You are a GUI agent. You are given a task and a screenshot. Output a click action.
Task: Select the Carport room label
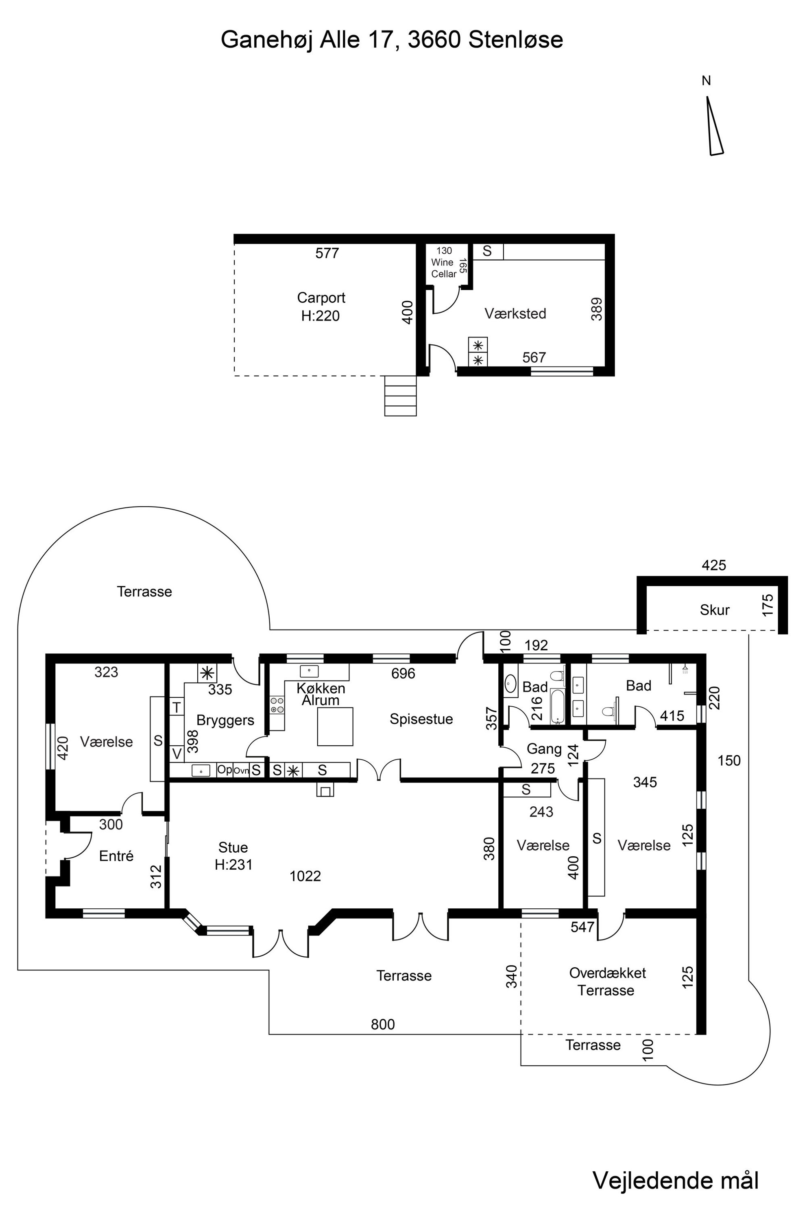pyautogui.click(x=321, y=298)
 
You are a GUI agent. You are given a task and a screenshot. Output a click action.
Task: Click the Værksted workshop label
pyautogui.click(x=515, y=313)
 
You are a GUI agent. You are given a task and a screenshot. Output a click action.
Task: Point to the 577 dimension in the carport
pyautogui.click(x=327, y=253)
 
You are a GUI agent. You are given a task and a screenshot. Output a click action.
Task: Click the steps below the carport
pyautogui.click(x=400, y=396)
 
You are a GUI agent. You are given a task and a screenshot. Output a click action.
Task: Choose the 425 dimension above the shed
pyautogui.click(x=714, y=566)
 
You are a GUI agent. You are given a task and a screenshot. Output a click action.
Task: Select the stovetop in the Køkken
pyautogui.click(x=277, y=705)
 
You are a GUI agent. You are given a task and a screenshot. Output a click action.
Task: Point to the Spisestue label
pyautogui.click(x=421, y=719)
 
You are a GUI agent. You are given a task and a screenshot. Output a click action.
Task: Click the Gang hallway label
pyautogui.click(x=544, y=749)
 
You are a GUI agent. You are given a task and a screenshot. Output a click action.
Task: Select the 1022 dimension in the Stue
pyautogui.click(x=305, y=876)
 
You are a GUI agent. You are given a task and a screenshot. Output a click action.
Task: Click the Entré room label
pyautogui.click(x=116, y=856)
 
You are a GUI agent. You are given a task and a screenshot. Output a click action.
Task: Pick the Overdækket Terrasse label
pyautogui.click(x=607, y=981)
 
